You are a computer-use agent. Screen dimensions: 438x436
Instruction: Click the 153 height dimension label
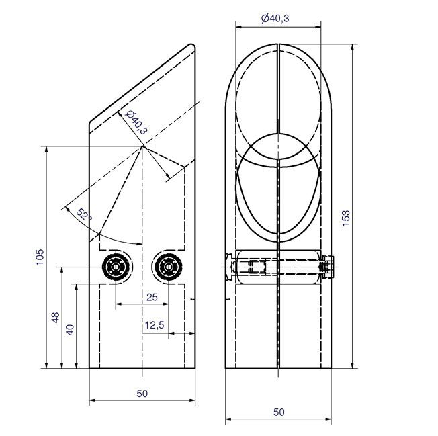click(x=345, y=218)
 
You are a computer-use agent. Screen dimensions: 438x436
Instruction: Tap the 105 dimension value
click(x=40, y=257)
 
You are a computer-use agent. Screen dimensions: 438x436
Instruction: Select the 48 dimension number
click(x=55, y=318)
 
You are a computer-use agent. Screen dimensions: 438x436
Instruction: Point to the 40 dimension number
click(x=70, y=330)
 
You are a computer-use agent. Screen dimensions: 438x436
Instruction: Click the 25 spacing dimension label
click(x=152, y=297)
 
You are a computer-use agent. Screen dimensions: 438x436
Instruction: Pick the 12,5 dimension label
click(x=155, y=325)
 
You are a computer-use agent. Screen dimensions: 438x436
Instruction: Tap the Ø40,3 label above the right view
click(x=275, y=18)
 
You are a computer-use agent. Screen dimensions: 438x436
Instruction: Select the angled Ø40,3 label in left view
click(x=136, y=123)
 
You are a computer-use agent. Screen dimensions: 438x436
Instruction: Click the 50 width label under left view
click(x=142, y=394)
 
